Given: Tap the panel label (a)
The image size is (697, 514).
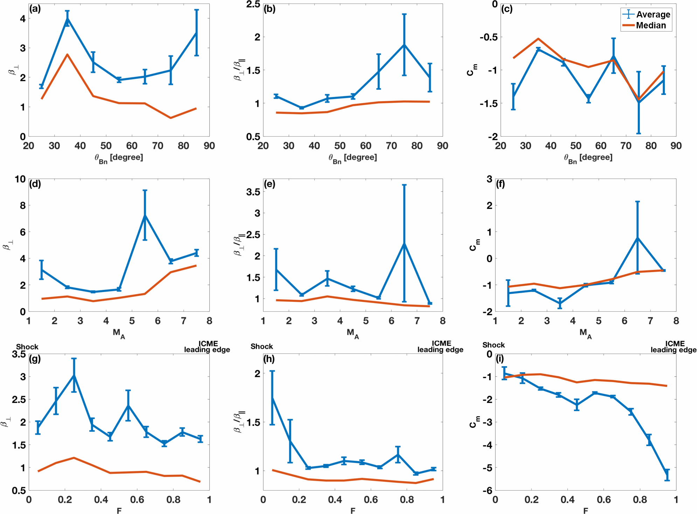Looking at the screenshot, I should tap(35, 9).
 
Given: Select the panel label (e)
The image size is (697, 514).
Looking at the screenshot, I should tap(269, 184).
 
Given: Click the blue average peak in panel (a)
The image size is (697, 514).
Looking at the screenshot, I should tap(67, 18).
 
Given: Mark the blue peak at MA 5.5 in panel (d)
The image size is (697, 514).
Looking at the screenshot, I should tap(145, 215).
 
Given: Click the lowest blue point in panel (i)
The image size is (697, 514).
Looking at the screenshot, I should tap(667, 475).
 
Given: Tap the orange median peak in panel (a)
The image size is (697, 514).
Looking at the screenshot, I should tap(67, 55).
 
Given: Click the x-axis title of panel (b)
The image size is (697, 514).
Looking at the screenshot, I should tap(353, 158).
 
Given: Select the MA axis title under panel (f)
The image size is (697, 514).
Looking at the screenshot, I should tap(585, 333).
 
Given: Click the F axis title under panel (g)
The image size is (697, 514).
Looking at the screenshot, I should tap(119, 510).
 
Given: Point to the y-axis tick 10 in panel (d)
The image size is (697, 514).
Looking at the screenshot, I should tap(20, 179).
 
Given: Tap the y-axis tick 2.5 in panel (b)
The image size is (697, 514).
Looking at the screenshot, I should tap(253, 4).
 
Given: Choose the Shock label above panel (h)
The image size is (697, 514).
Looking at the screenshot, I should tap(262, 346).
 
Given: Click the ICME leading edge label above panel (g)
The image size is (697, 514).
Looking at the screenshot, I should tap(207, 346).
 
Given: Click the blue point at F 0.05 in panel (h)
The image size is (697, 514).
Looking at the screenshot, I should tap(272, 398).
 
